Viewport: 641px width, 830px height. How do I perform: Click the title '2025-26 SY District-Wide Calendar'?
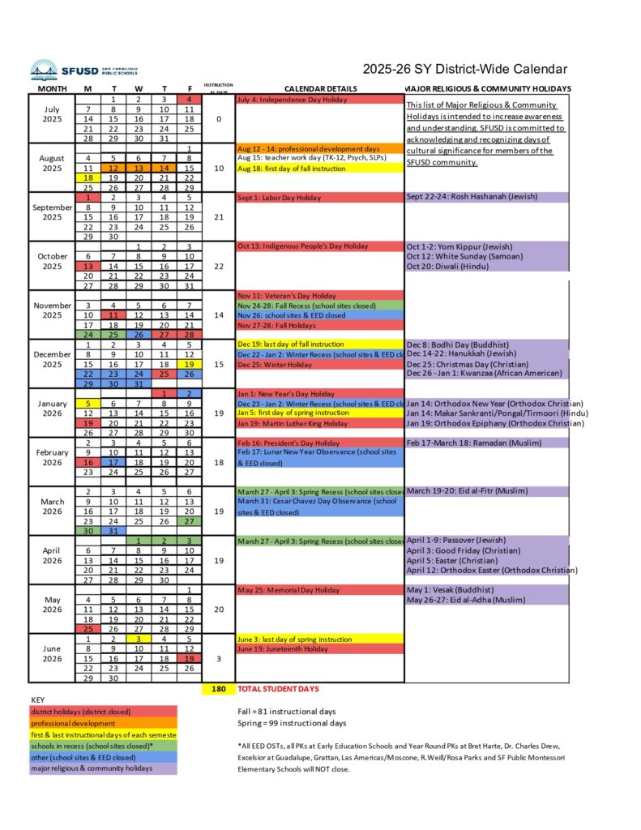tap(464, 70)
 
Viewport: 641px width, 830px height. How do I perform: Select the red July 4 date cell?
tap(189, 100)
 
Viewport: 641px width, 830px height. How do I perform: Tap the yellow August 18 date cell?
tap(88, 178)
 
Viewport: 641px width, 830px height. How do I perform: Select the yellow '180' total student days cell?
tap(218, 689)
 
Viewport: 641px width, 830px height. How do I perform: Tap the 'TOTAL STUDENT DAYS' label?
tap(278, 689)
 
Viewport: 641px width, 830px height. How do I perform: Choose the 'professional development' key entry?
tap(102, 723)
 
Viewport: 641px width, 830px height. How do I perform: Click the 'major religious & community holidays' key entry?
tap(102, 768)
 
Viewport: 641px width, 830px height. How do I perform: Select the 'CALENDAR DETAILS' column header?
tap(320, 88)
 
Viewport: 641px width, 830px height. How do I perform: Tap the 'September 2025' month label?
tap(52, 212)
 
